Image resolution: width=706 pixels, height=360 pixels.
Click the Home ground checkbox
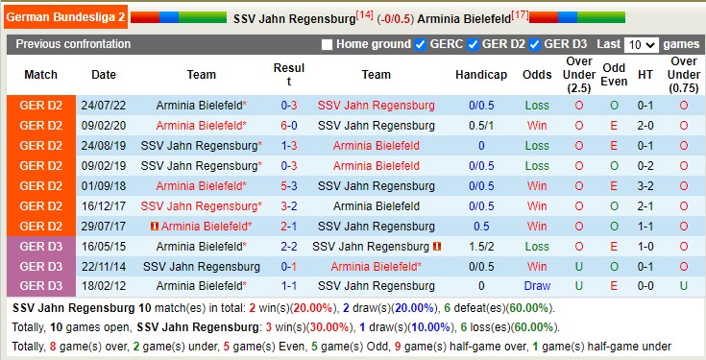tap(327, 45)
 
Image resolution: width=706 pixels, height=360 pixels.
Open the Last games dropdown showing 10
tap(641, 45)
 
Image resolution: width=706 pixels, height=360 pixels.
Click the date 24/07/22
tap(104, 105)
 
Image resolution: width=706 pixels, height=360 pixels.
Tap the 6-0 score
tap(289, 125)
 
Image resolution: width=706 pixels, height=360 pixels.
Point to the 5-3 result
tap(289, 185)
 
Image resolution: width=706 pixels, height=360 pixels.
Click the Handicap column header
tap(480, 75)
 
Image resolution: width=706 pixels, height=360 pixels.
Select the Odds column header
tap(537, 75)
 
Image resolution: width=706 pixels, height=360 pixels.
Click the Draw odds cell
tap(537, 286)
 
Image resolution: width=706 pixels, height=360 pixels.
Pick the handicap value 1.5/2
tap(480, 246)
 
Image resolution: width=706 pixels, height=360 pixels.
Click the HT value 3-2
tap(646, 185)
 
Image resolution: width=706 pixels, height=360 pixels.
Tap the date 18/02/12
tap(104, 286)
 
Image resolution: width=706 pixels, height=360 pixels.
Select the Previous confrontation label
tap(73, 45)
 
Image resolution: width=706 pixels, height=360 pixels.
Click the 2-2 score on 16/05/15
tap(289, 246)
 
